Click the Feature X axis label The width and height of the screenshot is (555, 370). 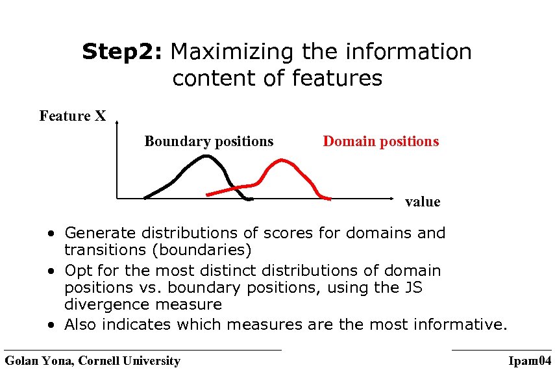(x=72, y=116)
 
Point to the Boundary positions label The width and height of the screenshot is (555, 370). (x=208, y=142)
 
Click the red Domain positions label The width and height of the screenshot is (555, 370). (x=380, y=142)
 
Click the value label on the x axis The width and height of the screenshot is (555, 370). (x=422, y=202)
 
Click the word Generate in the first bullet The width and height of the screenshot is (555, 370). (x=97, y=233)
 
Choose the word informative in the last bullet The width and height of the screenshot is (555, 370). (x=461, y=325)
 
